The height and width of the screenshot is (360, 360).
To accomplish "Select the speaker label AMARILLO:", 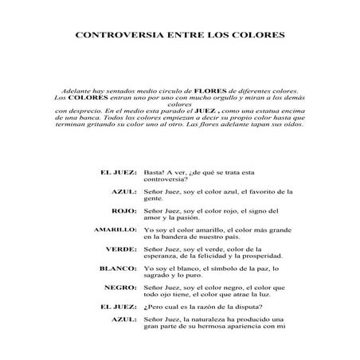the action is pyautogui.click(x=115, y=229).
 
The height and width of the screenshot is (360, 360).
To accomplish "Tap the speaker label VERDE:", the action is pyautogui.click(x=121, y=249).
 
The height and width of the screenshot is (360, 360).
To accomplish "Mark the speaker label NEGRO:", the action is pyautogui.click(x=120, y=288).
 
